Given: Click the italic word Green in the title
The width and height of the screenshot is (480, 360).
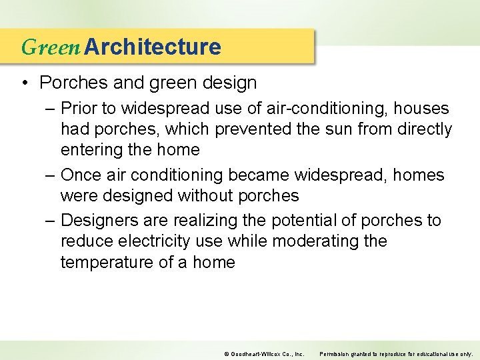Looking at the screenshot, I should click(x=51, y=47).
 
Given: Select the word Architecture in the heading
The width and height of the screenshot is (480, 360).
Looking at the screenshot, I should click(x=153, y=47).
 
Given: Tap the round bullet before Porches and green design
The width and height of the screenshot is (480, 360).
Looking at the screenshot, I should click(x=25, y=83).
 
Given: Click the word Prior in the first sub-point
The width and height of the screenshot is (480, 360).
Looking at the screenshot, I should click(x=78, y=108).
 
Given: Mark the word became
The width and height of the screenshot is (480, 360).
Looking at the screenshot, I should click(x=258, y=175).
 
